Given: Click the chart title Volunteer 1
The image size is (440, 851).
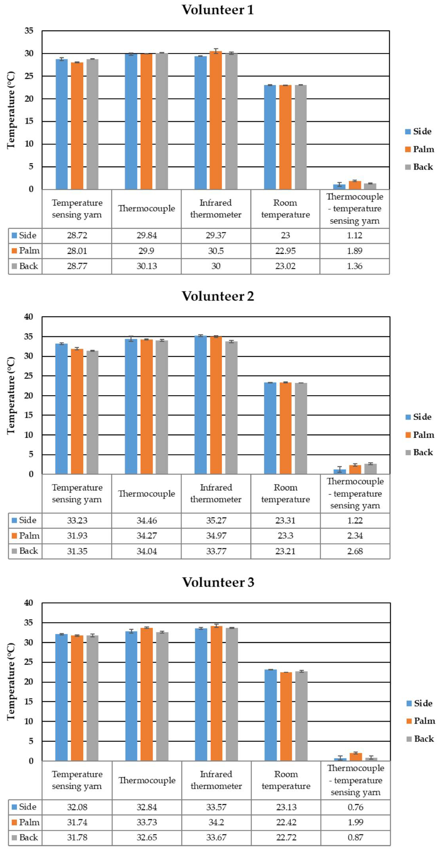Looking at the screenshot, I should click(218, 10).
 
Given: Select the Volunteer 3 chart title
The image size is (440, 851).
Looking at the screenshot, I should click(218, 582).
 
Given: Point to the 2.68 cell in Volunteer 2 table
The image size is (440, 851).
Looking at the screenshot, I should click(355, 551).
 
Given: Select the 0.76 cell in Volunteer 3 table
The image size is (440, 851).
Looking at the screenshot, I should click(355, 807).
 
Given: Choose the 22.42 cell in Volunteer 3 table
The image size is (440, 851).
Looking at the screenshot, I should click(286, 822).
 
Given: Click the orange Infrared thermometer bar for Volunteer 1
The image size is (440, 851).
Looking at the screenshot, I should click(216, 121).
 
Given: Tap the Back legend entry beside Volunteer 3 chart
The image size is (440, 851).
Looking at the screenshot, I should click(420, 739).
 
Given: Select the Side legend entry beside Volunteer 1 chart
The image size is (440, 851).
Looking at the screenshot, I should click(419, 131).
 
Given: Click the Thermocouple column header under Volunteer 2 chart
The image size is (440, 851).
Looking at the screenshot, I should click(147, 494).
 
